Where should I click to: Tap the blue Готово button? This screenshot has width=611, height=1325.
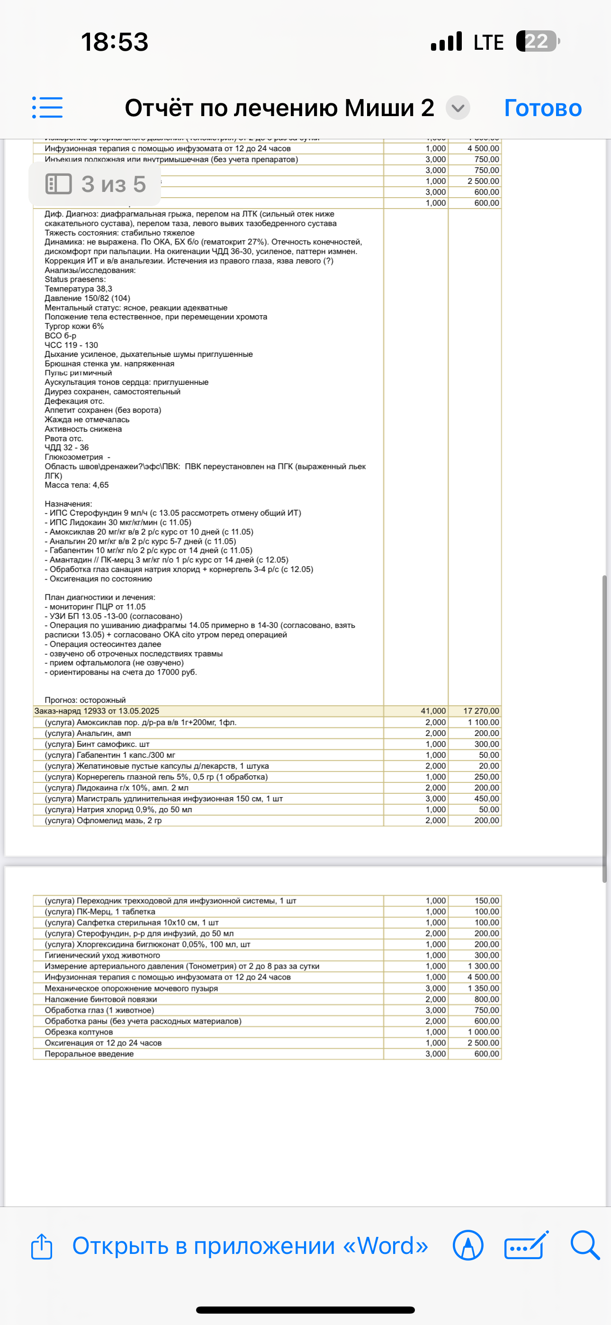pyautogui.click(x=543, y=108)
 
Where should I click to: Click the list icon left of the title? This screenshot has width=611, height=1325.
pyautogui.click(x=47, y=108)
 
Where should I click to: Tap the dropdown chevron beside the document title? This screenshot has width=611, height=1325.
pyautogui.click(x=458, y=108)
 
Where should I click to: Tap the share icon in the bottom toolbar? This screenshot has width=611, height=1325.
pyautogui.click(x=42, y=1246)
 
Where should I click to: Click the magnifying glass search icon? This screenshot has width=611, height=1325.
pyautogui.click(x=585, y=1245)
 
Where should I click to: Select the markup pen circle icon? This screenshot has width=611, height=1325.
pyautogui.click(x=468, y=1245)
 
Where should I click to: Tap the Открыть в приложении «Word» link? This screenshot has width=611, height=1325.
pyautogui.click(x=250, y=1246)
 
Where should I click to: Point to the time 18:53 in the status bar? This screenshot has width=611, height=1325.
pyautogui.click(x=115, y=42)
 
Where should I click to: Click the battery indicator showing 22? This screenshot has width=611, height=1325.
pyautogui.click(x=537, y=42)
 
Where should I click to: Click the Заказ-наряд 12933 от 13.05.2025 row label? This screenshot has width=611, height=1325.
pyautogui.click(x=97, y=711)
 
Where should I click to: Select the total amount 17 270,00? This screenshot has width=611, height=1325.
pyautogui.click(x=481, y=711)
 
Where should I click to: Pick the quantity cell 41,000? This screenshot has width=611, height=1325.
pyautogui.click(x=433, y=711)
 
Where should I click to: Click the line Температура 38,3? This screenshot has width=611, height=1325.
pyautogui.click(x=78, y=289)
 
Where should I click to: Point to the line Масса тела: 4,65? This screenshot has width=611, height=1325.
pyautogui.click(x=77, y=485)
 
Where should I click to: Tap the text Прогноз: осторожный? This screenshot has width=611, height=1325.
pyautogui.click(x=85, y=700)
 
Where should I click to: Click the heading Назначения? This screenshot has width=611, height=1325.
pyautogui.click(x=68, y=504)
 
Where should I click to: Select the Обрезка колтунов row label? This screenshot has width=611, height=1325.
pyautogui.click(x=79, y=1032)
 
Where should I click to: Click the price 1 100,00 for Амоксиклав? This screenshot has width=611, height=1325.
pyautogui.click(x=483, y=722)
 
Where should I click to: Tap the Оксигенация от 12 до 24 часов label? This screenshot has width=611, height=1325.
pyautogui.click(x=103, y=1043)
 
